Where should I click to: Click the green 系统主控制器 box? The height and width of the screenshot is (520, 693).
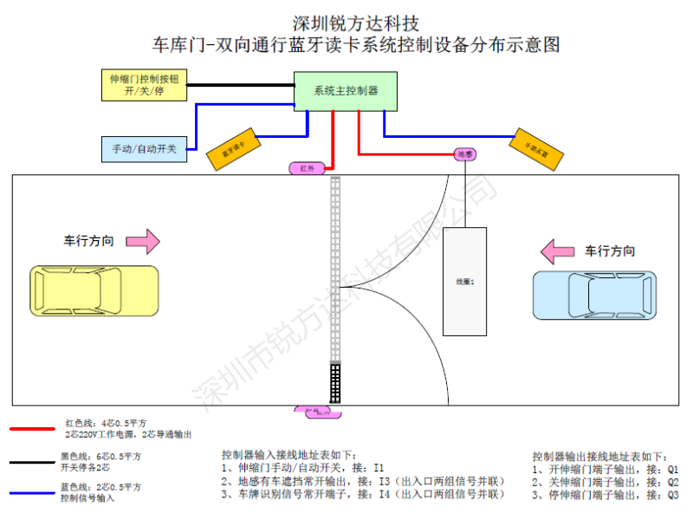(346, 90)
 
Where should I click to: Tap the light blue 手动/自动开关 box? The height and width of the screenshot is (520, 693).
(144, 148)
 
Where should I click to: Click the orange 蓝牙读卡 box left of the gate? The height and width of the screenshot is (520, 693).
(233, 151)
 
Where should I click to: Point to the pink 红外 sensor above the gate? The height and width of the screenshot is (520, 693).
(307, 166)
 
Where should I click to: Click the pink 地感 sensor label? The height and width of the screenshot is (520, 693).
(466, 153)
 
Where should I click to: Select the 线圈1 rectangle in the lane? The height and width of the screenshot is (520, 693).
(465, 281)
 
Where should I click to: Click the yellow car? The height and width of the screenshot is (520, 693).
(95, 290)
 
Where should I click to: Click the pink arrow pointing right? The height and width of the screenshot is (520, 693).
(140, 241)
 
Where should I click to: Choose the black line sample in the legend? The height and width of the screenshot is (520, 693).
(33, 461)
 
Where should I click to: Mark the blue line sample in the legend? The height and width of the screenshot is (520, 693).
(33, 493)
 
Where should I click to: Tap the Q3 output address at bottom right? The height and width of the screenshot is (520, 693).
(672, 495)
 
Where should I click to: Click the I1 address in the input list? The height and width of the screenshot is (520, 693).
(379, 468)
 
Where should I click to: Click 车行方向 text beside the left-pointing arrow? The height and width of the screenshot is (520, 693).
(609, 251)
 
